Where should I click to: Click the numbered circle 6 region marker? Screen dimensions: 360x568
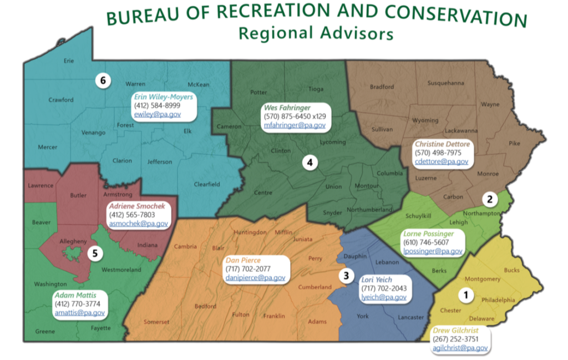coord(103,80)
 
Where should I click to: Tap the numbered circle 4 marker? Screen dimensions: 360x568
coord(310,163)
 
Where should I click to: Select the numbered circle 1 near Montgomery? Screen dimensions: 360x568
coord(466,295)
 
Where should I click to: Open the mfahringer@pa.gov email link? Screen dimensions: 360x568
coord(294,125)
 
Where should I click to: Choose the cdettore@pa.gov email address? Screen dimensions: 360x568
coord(442,161)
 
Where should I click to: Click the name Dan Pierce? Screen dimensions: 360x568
coord(242,260)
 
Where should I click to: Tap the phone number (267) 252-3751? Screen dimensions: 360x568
coord(455,339)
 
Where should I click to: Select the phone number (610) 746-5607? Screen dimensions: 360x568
coord(426,242)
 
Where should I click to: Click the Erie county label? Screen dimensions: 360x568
coord(69,61)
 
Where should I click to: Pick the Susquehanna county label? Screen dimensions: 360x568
coord(445,83)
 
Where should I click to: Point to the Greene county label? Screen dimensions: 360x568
coord(45,332)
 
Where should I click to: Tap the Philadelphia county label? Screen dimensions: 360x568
coord(498,300)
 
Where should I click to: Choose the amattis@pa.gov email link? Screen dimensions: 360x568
coord(79,313)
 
